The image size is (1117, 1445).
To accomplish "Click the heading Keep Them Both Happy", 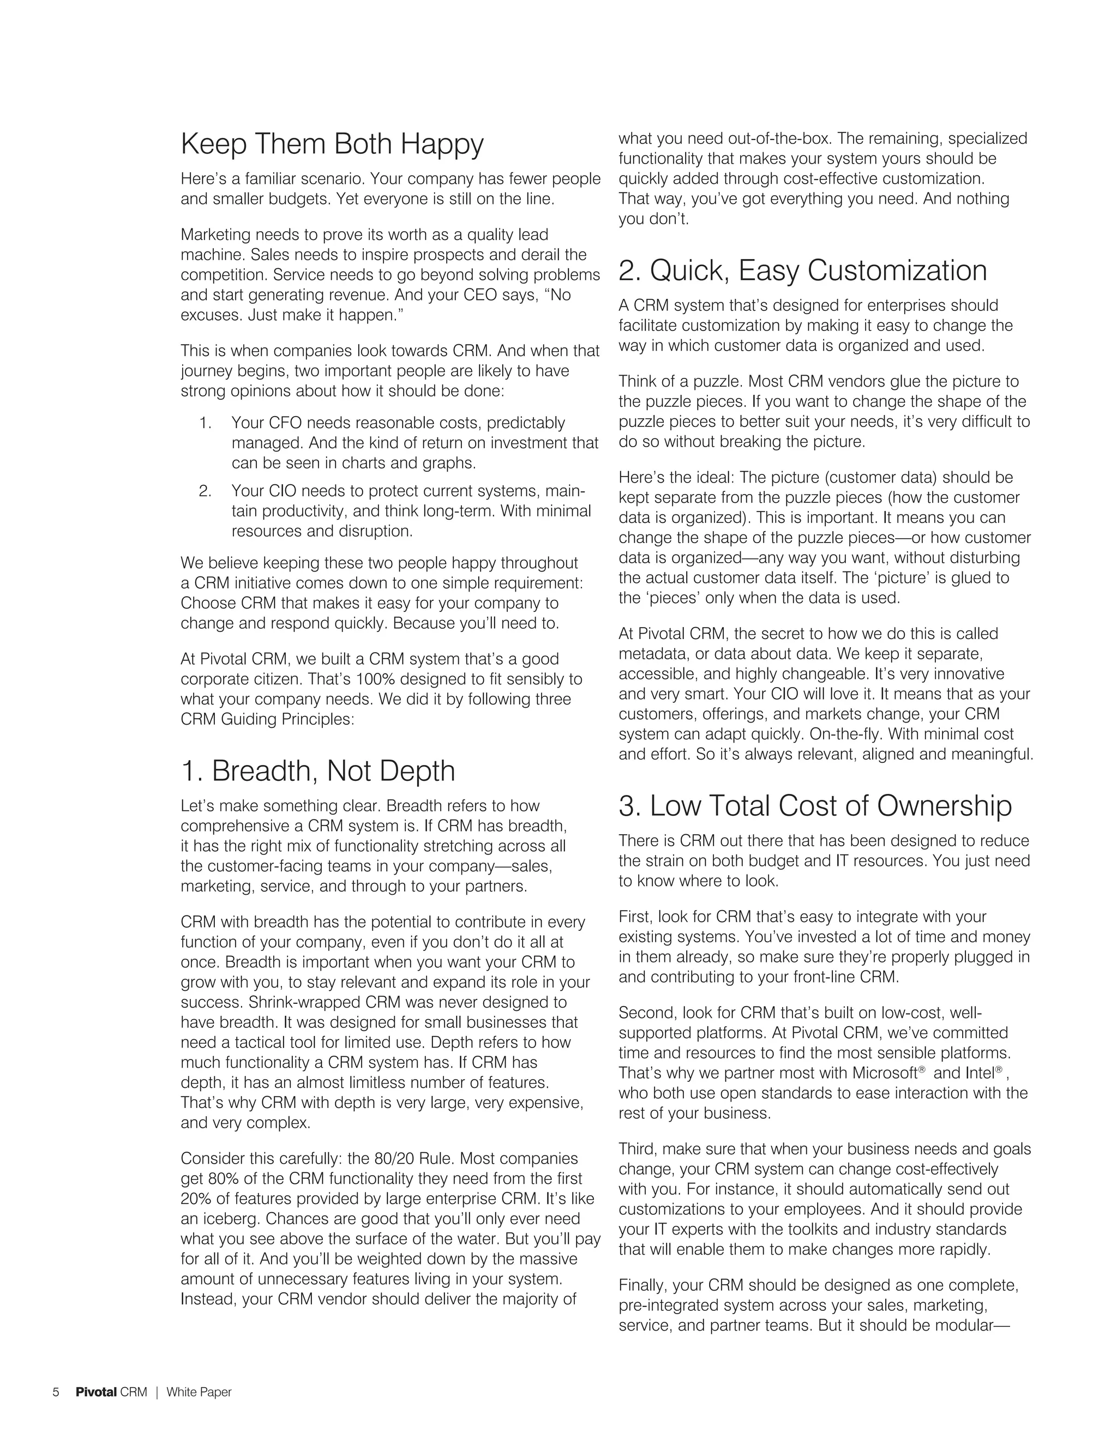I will pyautogui.click(x=332, y=144).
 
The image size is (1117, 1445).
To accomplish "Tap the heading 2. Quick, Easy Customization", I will pyautogui.click(x=802, y=270).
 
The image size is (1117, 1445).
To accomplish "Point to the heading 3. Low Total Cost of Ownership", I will pyautogui.click(x=815, y=806).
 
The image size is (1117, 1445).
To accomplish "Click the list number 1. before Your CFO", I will pyautogui.click(x=205, y=423).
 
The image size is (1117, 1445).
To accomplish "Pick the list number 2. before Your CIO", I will pyautogui.click(x=205, y=491).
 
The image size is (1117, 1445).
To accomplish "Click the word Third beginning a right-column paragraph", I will pyautogui.click(x=636, y=1149).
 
